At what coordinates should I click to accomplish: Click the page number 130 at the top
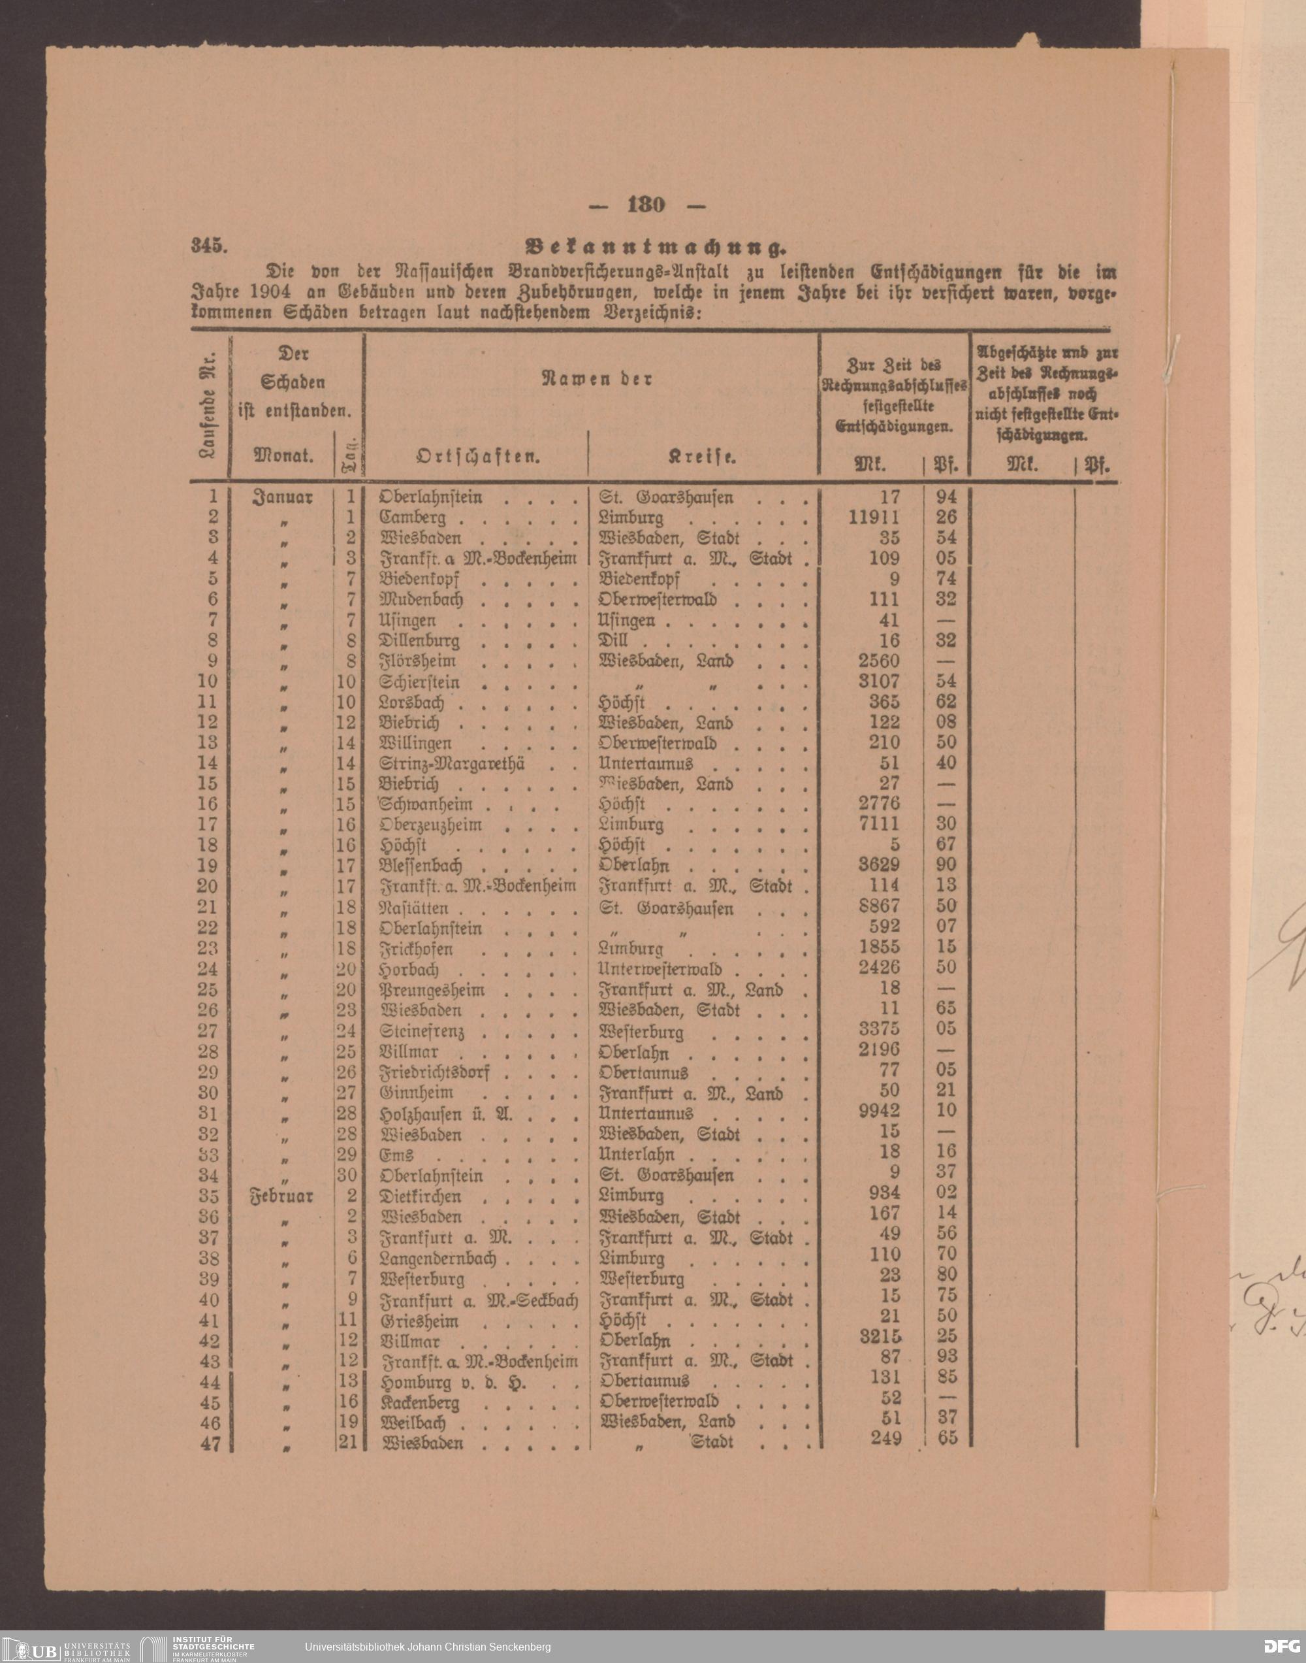point(646,205)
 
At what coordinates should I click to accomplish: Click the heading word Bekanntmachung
point(656,247)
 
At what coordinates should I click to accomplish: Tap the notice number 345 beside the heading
point(206,246)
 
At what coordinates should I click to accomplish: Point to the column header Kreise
point(702,457)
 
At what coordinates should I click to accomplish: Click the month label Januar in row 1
point(282,497)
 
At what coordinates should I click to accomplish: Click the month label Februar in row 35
point(281,1196)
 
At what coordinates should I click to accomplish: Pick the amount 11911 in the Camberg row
point(874,517)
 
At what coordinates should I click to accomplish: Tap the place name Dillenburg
point(420,640)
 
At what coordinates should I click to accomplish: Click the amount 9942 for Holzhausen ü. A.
point(880,1111)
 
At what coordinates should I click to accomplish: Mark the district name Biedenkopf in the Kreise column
point(639,579)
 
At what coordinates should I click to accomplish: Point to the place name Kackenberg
point(420,1403)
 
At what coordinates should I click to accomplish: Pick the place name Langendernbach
point(438,1259)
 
